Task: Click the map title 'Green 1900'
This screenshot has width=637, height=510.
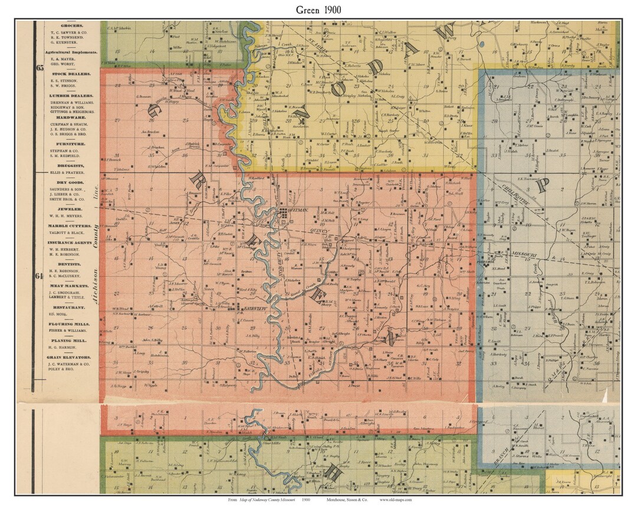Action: coord(318,10)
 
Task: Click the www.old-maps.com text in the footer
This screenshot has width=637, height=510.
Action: coord(396,499)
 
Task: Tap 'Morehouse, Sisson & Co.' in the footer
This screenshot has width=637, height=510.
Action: coord(346,499)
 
